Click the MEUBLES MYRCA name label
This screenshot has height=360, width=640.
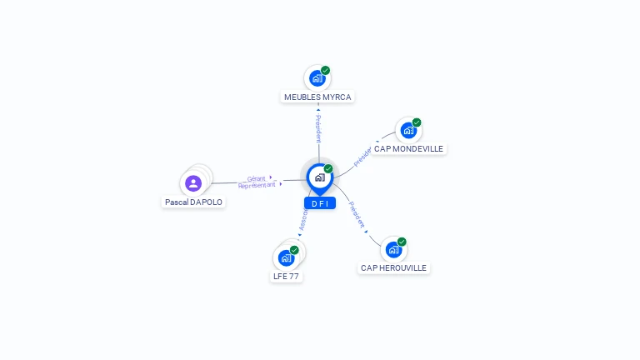317,97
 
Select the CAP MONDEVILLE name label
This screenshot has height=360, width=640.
408,148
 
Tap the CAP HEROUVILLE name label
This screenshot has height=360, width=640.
393,268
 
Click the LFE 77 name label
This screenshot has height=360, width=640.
286,276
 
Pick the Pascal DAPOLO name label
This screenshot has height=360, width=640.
193,202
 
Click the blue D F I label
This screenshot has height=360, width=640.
319,203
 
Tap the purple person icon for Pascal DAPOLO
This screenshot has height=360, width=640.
193,183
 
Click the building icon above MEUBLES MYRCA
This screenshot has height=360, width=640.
317,79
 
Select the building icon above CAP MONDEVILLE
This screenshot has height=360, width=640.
407,131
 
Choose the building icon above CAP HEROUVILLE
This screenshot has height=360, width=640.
393,250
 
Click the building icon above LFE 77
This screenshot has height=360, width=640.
286,257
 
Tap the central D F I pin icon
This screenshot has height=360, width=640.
319,177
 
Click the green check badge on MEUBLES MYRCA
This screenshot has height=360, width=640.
326,71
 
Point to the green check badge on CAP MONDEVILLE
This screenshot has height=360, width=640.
417,122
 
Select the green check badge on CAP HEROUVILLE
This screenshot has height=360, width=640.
402,242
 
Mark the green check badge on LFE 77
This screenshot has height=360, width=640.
294,250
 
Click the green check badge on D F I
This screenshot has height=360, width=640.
328,169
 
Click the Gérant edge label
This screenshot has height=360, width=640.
257,178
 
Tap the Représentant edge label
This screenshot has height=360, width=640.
257,185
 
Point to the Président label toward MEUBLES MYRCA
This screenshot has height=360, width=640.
318,128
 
